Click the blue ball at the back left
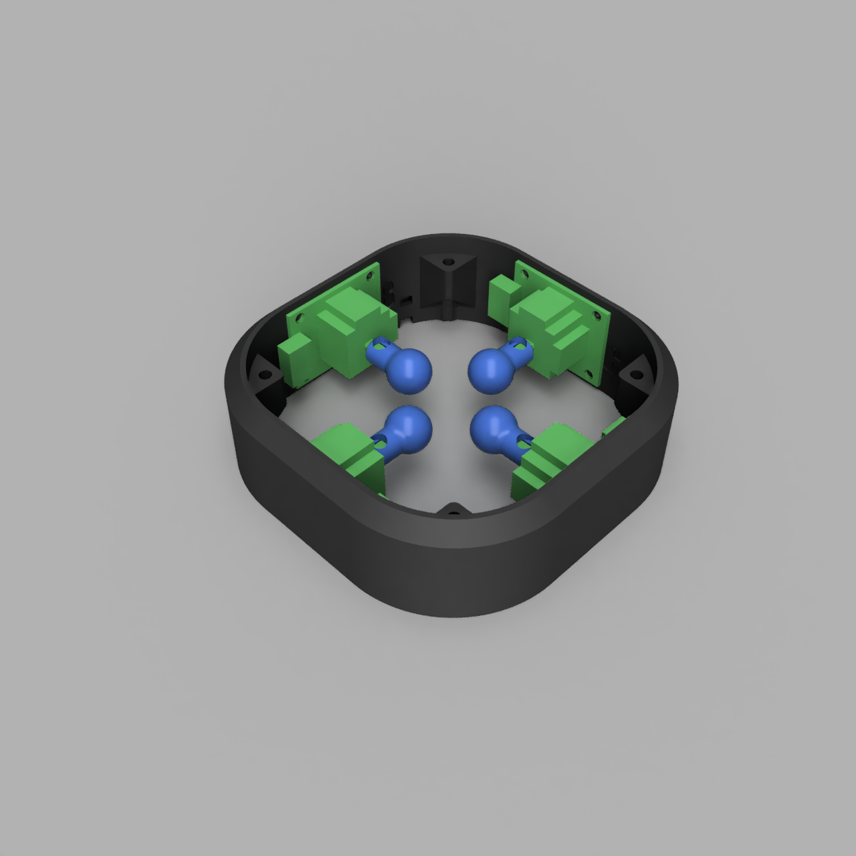pyautogui.click(x=409, y=370)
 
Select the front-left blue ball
pyautogui.click(x=409, y=427)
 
